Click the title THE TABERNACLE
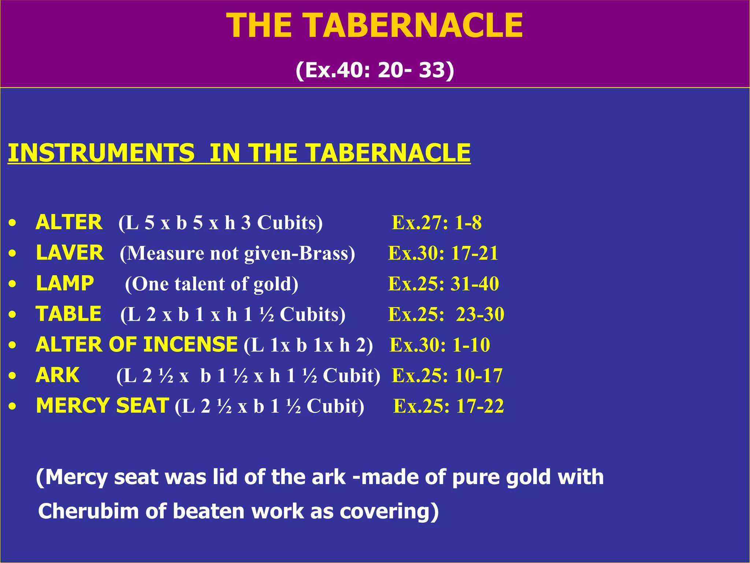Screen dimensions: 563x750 coord(375,26)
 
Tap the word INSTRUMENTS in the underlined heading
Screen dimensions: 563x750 coord(101,153)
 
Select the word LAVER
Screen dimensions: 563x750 coord(70,253)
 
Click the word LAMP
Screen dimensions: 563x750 coord(65,283)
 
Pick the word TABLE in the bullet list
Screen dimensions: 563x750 coord(68,314)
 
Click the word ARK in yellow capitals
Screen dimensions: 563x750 coord(57,375)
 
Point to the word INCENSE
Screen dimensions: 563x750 coord(190,345)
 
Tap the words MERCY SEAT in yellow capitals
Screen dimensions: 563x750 coord(103,406)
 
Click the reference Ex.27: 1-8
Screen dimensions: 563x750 coord(437,222)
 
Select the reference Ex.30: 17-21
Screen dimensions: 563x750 coord(443,253)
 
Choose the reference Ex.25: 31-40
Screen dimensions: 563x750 coord(443,284)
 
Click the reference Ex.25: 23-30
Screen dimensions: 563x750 coord(446,314)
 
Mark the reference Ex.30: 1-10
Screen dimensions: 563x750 coord(439,345)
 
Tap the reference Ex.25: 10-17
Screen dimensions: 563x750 coord(447,375)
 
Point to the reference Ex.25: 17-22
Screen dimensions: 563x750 coord(448,406)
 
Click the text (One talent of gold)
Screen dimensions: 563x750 coord(212,284)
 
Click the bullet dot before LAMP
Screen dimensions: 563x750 coord(13,284)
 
